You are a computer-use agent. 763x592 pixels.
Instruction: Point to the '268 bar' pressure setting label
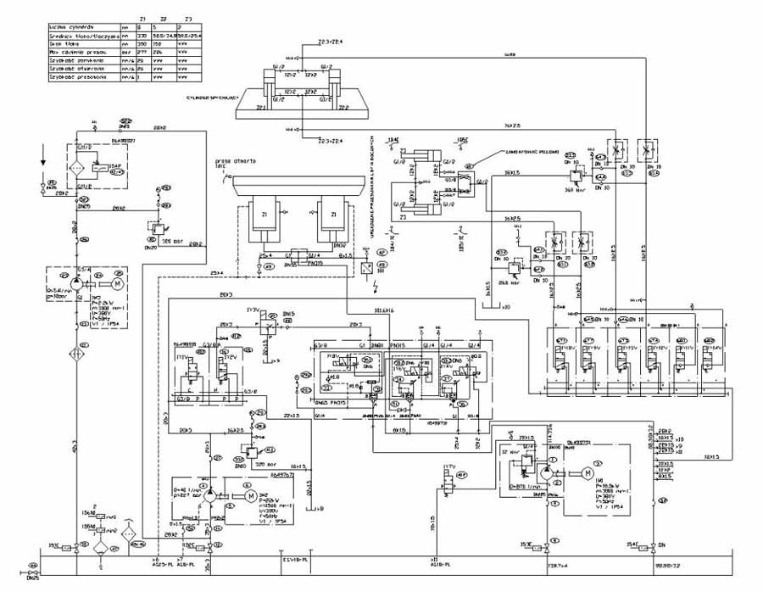[x=510, y=282]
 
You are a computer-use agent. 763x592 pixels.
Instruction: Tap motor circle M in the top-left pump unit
[x=118, y=282]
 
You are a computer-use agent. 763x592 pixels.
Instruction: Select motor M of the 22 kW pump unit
[x=249, y=495]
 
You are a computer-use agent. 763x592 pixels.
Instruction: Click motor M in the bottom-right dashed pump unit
[x=585, y=473]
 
